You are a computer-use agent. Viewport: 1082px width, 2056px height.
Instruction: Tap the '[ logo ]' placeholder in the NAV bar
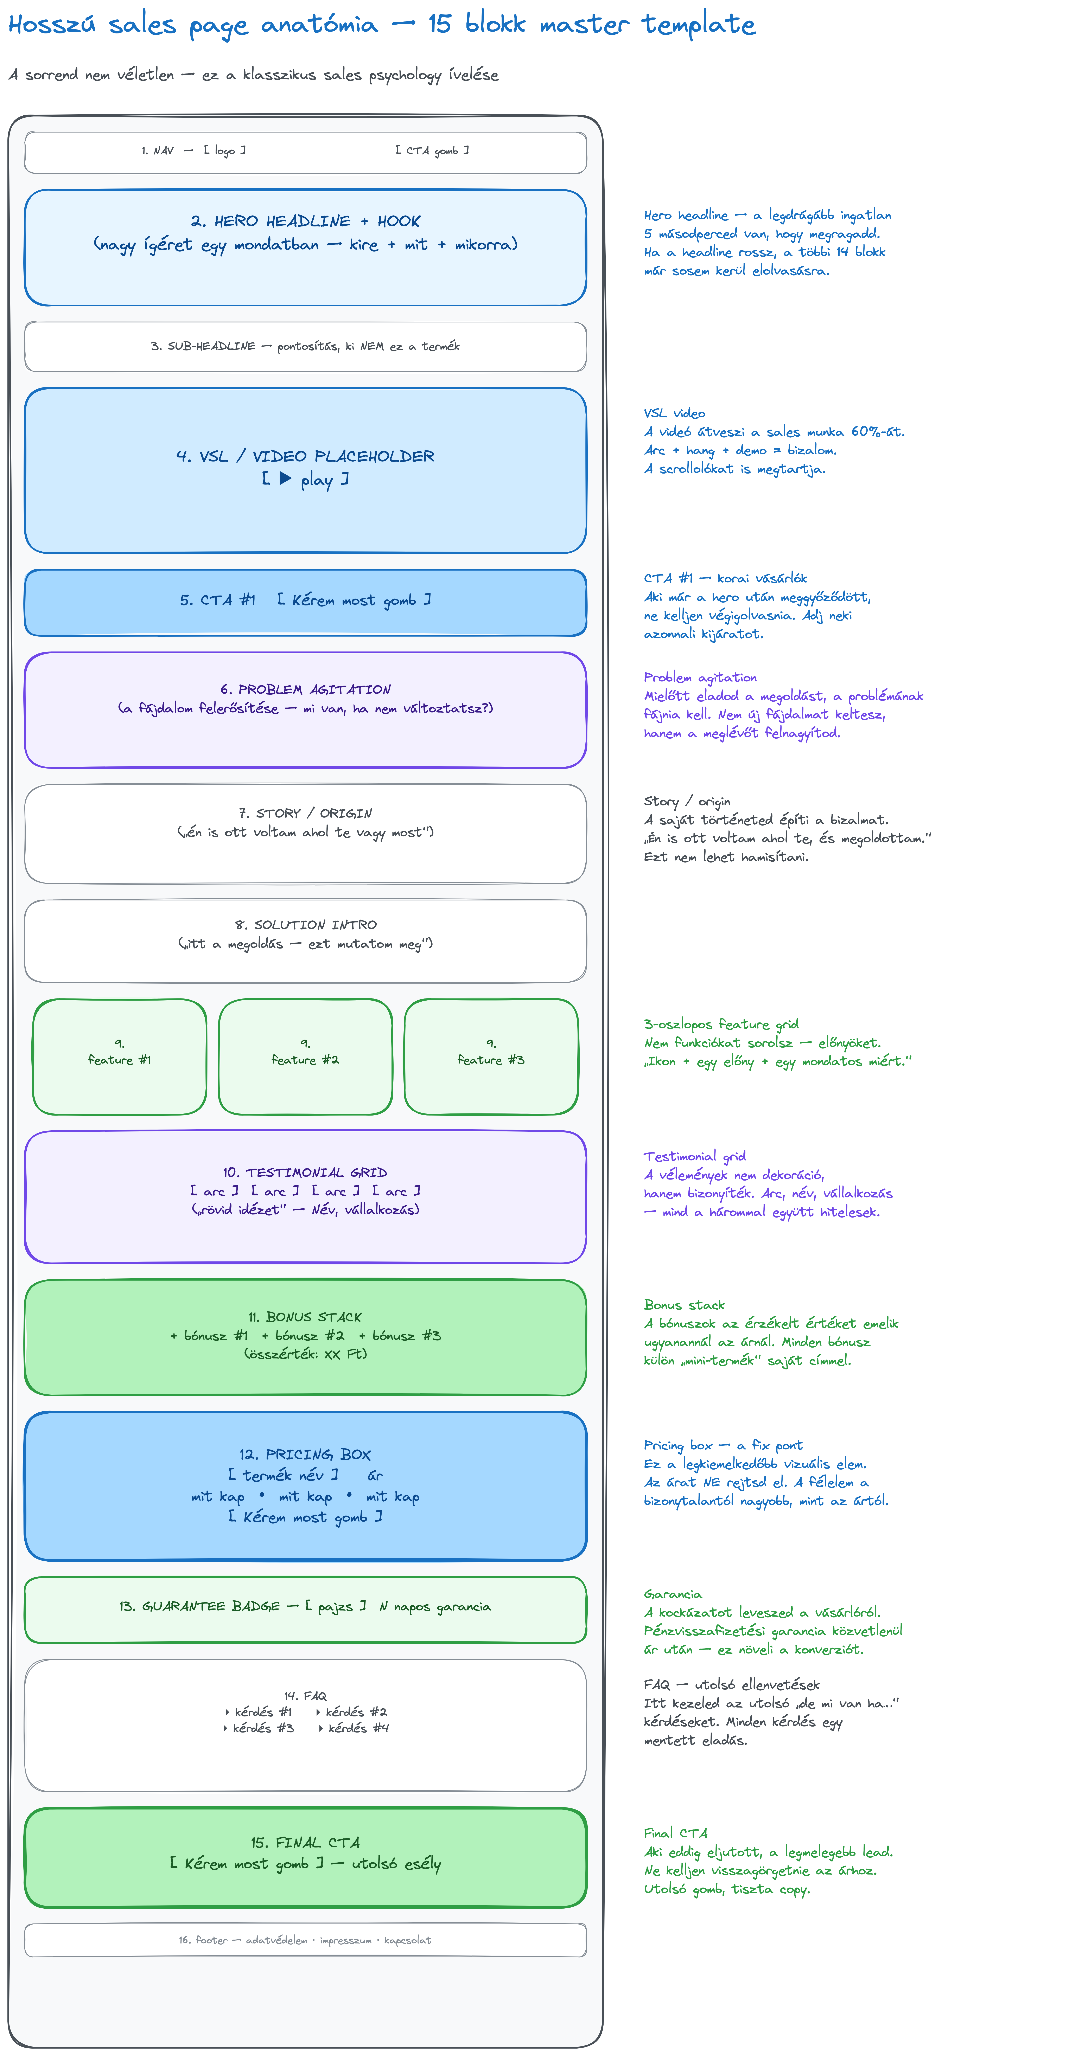224,150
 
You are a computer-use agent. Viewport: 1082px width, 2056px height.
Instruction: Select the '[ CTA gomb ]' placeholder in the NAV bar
432,150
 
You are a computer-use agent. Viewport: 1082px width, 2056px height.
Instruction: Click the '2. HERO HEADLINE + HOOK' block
305,248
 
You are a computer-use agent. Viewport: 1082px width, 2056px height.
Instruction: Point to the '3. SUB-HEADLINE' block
305,346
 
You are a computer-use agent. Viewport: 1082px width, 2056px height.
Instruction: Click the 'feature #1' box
120,1057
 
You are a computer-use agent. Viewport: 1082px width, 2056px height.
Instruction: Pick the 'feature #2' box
305,1057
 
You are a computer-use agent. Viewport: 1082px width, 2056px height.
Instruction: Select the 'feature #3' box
491,1057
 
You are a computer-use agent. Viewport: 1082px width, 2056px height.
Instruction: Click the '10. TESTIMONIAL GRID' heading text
305,1172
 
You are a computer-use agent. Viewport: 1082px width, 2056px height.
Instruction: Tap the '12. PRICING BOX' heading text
305,1454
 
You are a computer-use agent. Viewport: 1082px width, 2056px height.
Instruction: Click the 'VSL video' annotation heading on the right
675,413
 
